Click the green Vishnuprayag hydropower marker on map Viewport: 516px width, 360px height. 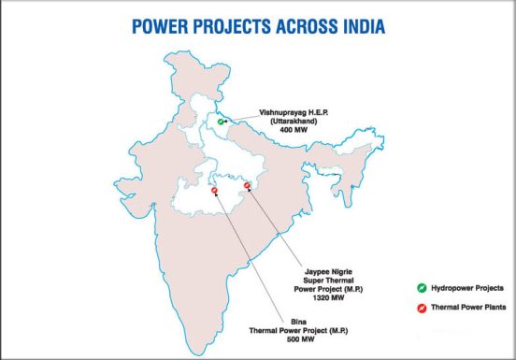[221, 122]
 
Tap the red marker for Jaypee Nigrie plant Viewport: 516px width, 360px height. [247, 185]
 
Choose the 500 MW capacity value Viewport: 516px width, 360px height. [279, 338]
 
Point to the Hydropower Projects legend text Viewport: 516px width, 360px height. [471, 288]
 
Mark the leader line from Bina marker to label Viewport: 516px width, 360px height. [245, 252]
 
